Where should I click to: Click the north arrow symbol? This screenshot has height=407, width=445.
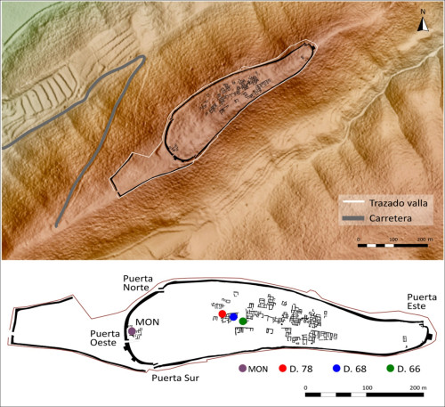pos(423,24)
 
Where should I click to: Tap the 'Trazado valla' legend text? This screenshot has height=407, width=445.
pos(398,203)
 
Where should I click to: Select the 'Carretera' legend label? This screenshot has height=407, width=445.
pos(391,218)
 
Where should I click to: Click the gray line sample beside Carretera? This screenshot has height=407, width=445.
pos(353,218)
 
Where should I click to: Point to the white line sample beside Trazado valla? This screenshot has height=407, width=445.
pos(353,202)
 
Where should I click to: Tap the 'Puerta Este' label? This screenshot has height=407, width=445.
pos(422,302)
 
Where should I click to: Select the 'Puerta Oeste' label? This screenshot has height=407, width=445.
pos(105,338)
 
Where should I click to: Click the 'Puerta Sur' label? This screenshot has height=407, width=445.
pos(175,378)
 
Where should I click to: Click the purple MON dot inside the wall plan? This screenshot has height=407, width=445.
pos(132,331)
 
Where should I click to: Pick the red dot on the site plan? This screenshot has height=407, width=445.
pos(222,313)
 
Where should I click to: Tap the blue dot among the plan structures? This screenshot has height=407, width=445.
pos(233,317)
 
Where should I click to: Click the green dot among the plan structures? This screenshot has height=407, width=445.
pos(243,322)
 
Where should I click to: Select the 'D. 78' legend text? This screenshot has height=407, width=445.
pos(301,369)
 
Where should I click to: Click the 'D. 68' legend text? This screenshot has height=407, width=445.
pos(355,369)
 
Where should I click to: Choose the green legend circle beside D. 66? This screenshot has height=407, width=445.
pos(391,369)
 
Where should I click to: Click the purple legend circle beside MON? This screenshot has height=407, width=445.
pos(243,369)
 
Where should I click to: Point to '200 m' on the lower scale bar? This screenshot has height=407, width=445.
pos(418,387)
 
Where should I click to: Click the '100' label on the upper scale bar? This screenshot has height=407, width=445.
pos(393,240)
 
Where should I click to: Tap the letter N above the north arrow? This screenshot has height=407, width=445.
pos(423,12)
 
